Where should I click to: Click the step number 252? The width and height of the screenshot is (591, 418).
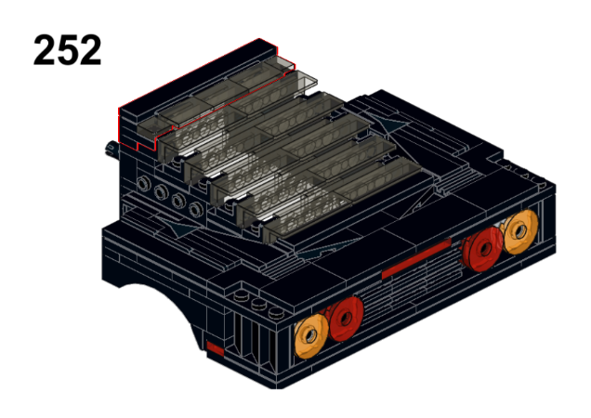pos(68,50)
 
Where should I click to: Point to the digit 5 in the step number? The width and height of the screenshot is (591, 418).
pos(68,50)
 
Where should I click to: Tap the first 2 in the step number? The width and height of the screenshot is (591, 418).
pos(45,50)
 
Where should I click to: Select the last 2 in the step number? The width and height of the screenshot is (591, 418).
pos(90,50)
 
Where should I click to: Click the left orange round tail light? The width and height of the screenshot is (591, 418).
pos(310,336)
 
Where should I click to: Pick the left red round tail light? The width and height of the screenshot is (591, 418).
pos(346,319)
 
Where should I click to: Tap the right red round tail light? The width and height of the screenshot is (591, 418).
pos(483,249)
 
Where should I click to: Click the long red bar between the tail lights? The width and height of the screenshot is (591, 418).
pos(416,258)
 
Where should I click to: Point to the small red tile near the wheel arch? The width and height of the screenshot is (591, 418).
pos(216,348)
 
